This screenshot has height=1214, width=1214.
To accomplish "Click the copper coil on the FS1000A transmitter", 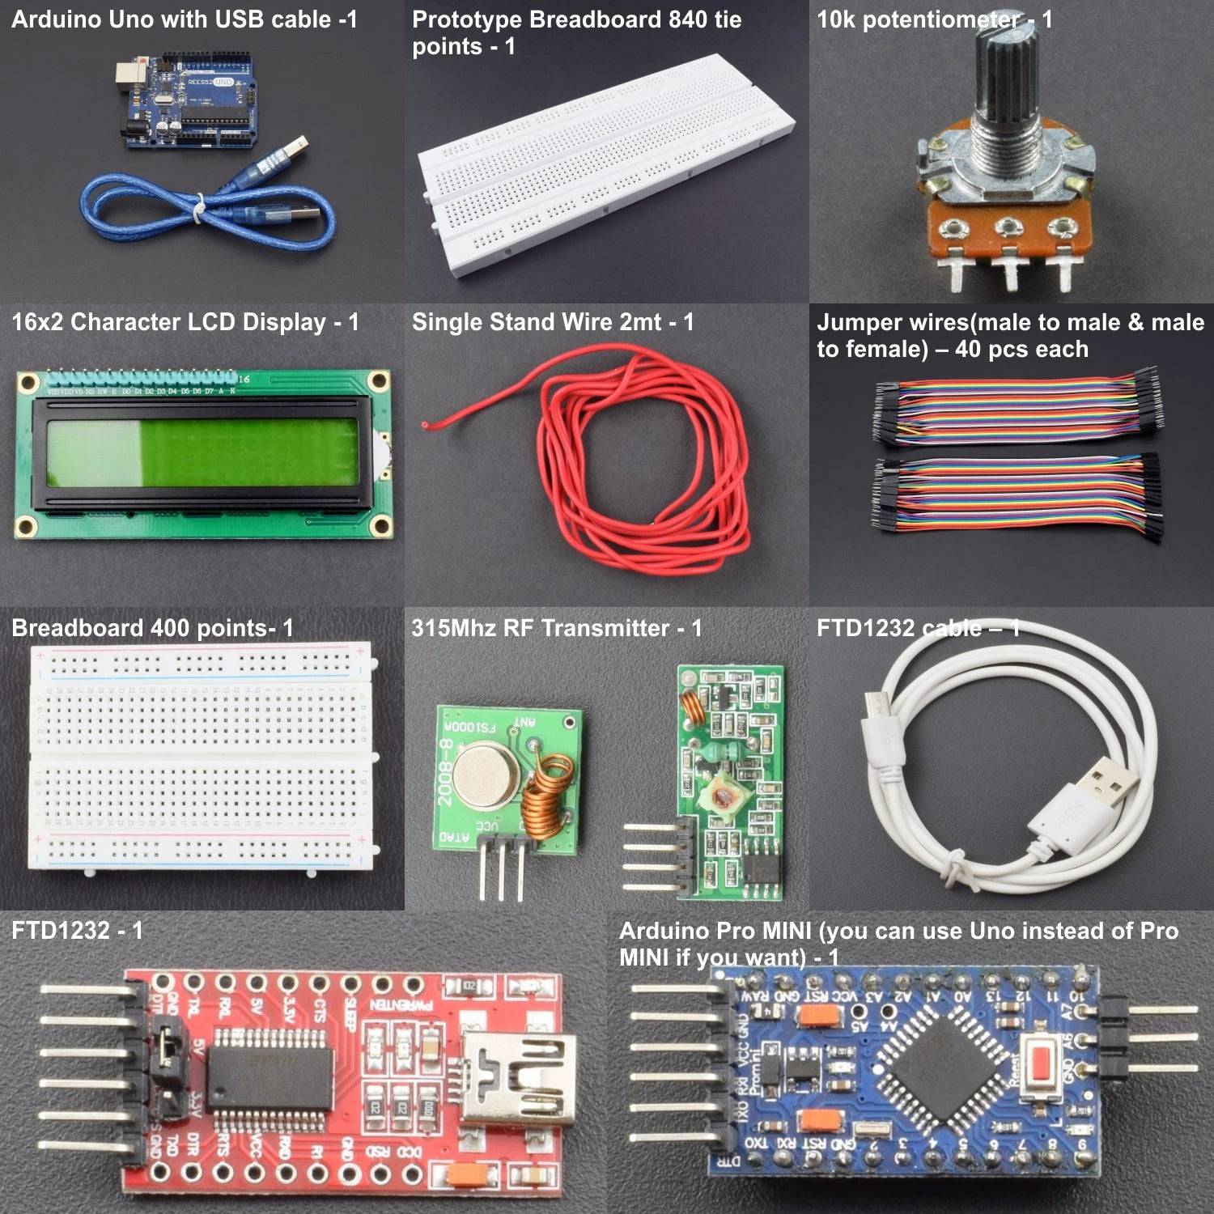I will coord(543,797).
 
